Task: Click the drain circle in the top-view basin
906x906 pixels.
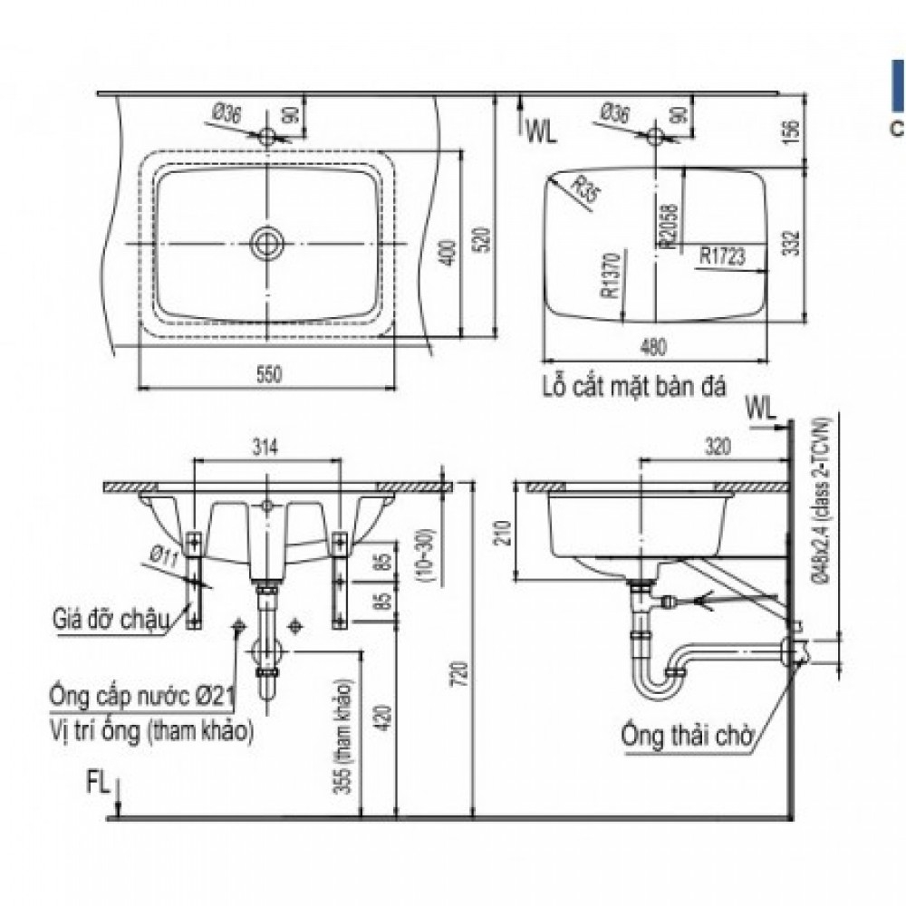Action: [266, 243]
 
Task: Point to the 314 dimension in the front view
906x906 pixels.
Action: [265, 446]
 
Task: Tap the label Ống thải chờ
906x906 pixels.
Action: [688, 735]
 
